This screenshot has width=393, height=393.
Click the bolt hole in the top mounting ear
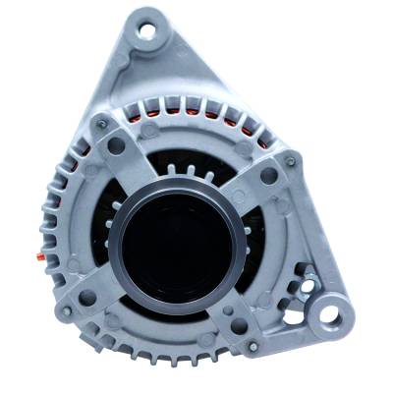147,31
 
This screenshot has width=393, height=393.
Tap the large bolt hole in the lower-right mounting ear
331,316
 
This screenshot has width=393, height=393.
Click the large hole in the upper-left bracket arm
118,145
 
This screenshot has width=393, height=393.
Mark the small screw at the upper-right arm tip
290,160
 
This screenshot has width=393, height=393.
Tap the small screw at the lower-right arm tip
253,346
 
